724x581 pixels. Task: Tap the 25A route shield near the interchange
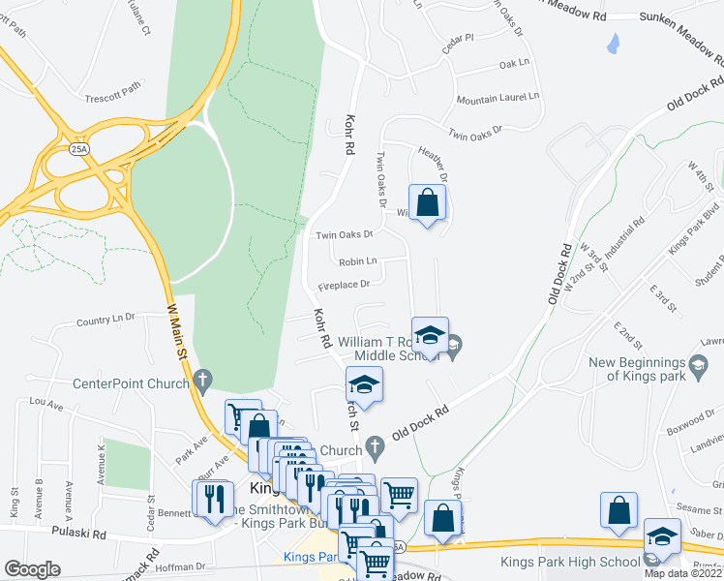[78, 150]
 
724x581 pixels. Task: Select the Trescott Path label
[113, 83]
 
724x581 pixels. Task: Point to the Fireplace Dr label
[345, 285]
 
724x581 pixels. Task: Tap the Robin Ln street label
[357, 261]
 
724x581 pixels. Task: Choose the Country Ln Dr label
[106, 320]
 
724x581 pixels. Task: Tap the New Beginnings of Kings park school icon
[698, 364]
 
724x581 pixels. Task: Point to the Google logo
[32, 569]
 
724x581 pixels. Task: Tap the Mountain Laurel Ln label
[495, 100]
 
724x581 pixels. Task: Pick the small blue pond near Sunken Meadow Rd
[612, 43]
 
